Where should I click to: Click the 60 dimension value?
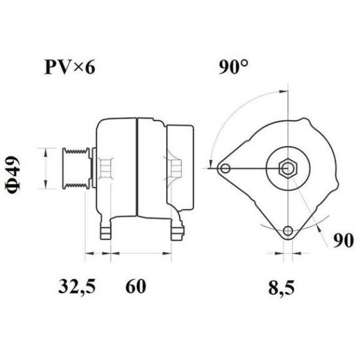[x=134, y=286]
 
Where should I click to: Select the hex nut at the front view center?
[x=288, y=169]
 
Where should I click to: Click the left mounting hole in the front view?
[x=225, y=169]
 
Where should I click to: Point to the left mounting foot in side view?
[x=107, y=231]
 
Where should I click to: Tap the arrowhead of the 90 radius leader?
[x=314, y=225]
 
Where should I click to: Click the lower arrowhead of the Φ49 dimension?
[x=46, y=186]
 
